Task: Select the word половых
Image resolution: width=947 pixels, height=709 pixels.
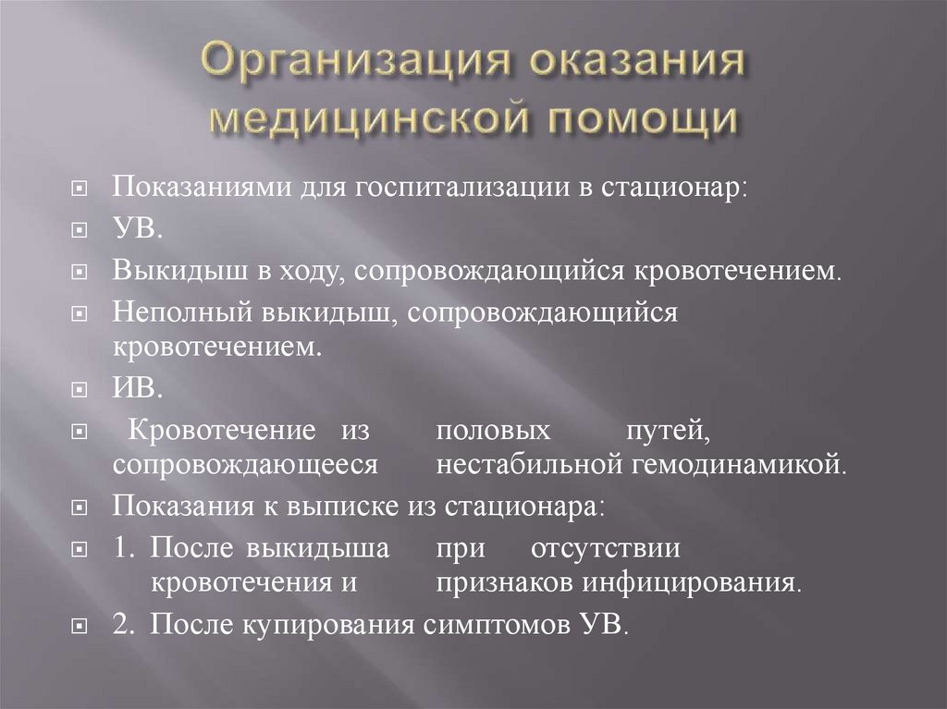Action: point(494,431)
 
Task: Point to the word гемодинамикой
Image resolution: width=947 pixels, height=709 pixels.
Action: point(739,463)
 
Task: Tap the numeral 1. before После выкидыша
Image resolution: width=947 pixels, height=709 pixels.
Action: point(125,549)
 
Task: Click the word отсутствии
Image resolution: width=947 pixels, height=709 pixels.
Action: point(606,549)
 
